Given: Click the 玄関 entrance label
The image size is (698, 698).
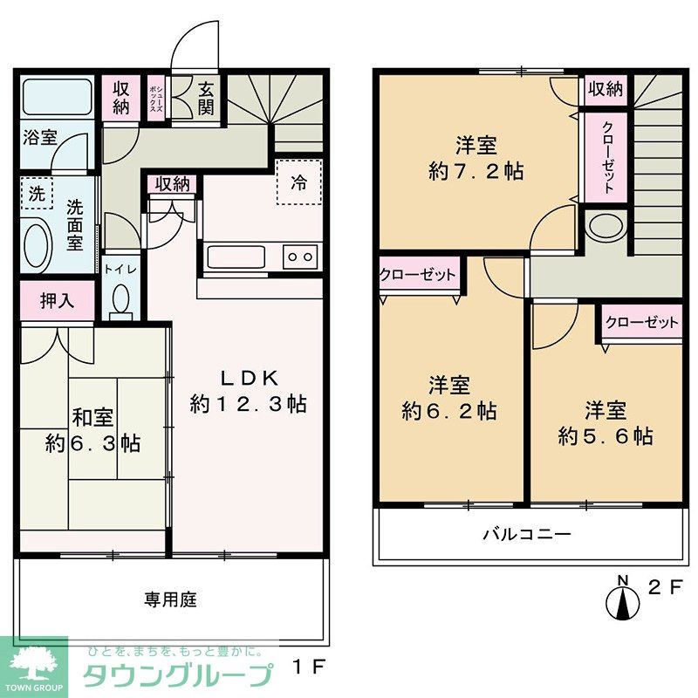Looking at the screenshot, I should [205, 98].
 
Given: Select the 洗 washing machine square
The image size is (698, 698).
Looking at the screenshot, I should [36, 195].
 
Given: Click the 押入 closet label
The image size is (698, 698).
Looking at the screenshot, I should [57, 301].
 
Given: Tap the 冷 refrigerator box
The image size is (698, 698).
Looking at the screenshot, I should [299, 183].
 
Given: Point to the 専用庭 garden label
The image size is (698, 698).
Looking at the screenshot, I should [170, 599].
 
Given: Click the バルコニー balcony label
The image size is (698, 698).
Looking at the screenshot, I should [528, 534].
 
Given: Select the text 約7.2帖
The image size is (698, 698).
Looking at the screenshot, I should [476, 171].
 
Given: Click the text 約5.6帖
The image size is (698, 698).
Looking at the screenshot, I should [606, 435].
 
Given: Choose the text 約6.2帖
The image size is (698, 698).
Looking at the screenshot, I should [449, 410].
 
